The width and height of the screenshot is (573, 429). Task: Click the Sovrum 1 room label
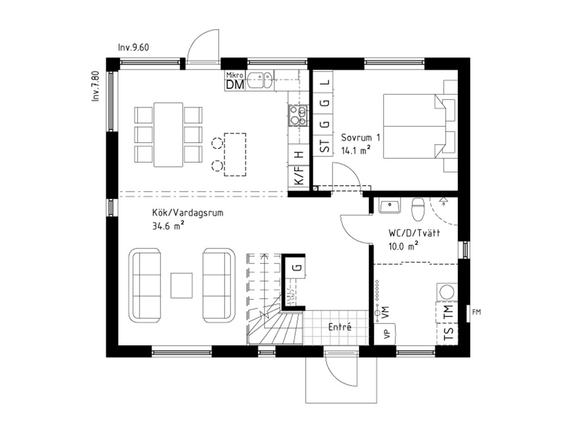click(x=361, y=137)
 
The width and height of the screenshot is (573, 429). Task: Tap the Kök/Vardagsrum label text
click(x=188, y=213)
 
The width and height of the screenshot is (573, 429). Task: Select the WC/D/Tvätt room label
click(x=414, y=233)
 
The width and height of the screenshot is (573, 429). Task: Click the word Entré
click(x=340, y=327)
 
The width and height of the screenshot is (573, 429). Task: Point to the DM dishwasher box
click(x=235, y=85)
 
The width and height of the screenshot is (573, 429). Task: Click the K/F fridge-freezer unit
click(x=299, y=176)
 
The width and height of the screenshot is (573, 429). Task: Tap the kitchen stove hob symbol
click(x=298, y=115)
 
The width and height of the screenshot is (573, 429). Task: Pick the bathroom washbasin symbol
click(x=390, y=205)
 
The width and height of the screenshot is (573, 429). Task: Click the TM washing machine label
click(x=448, y=312)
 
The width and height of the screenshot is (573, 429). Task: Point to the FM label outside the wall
click(x=476, y=312)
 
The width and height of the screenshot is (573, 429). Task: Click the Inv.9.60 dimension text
click(x=133, y=47)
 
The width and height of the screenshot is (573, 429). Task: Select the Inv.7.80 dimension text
click(x=96, y=86)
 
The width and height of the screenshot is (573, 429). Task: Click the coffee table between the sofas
click(x=182, y=286)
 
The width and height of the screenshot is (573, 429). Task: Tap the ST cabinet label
click(x=324, y=146)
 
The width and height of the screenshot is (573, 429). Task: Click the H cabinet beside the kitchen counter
click(x=299, y=155)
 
